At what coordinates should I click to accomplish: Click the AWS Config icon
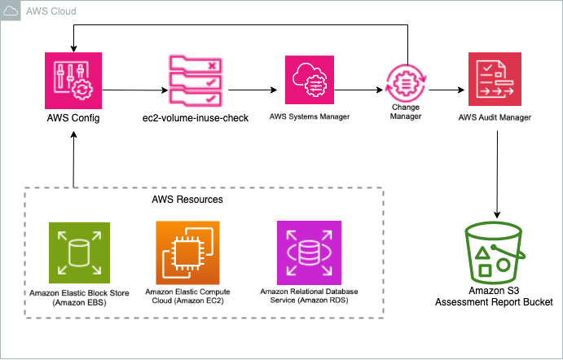pyautogui.click(x=74, y=81)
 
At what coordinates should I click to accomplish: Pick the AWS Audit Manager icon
pyautogui.click(x=495, y=81)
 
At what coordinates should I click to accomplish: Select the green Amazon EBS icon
pyautogui.click(x=74, y=254)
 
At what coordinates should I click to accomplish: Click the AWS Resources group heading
pyautogui.click(x=187, y=199)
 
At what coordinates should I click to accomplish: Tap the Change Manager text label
pyautogui.click(x=406, y=112)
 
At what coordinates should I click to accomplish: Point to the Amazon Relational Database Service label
pyautogui.click(x=309, y=295)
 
